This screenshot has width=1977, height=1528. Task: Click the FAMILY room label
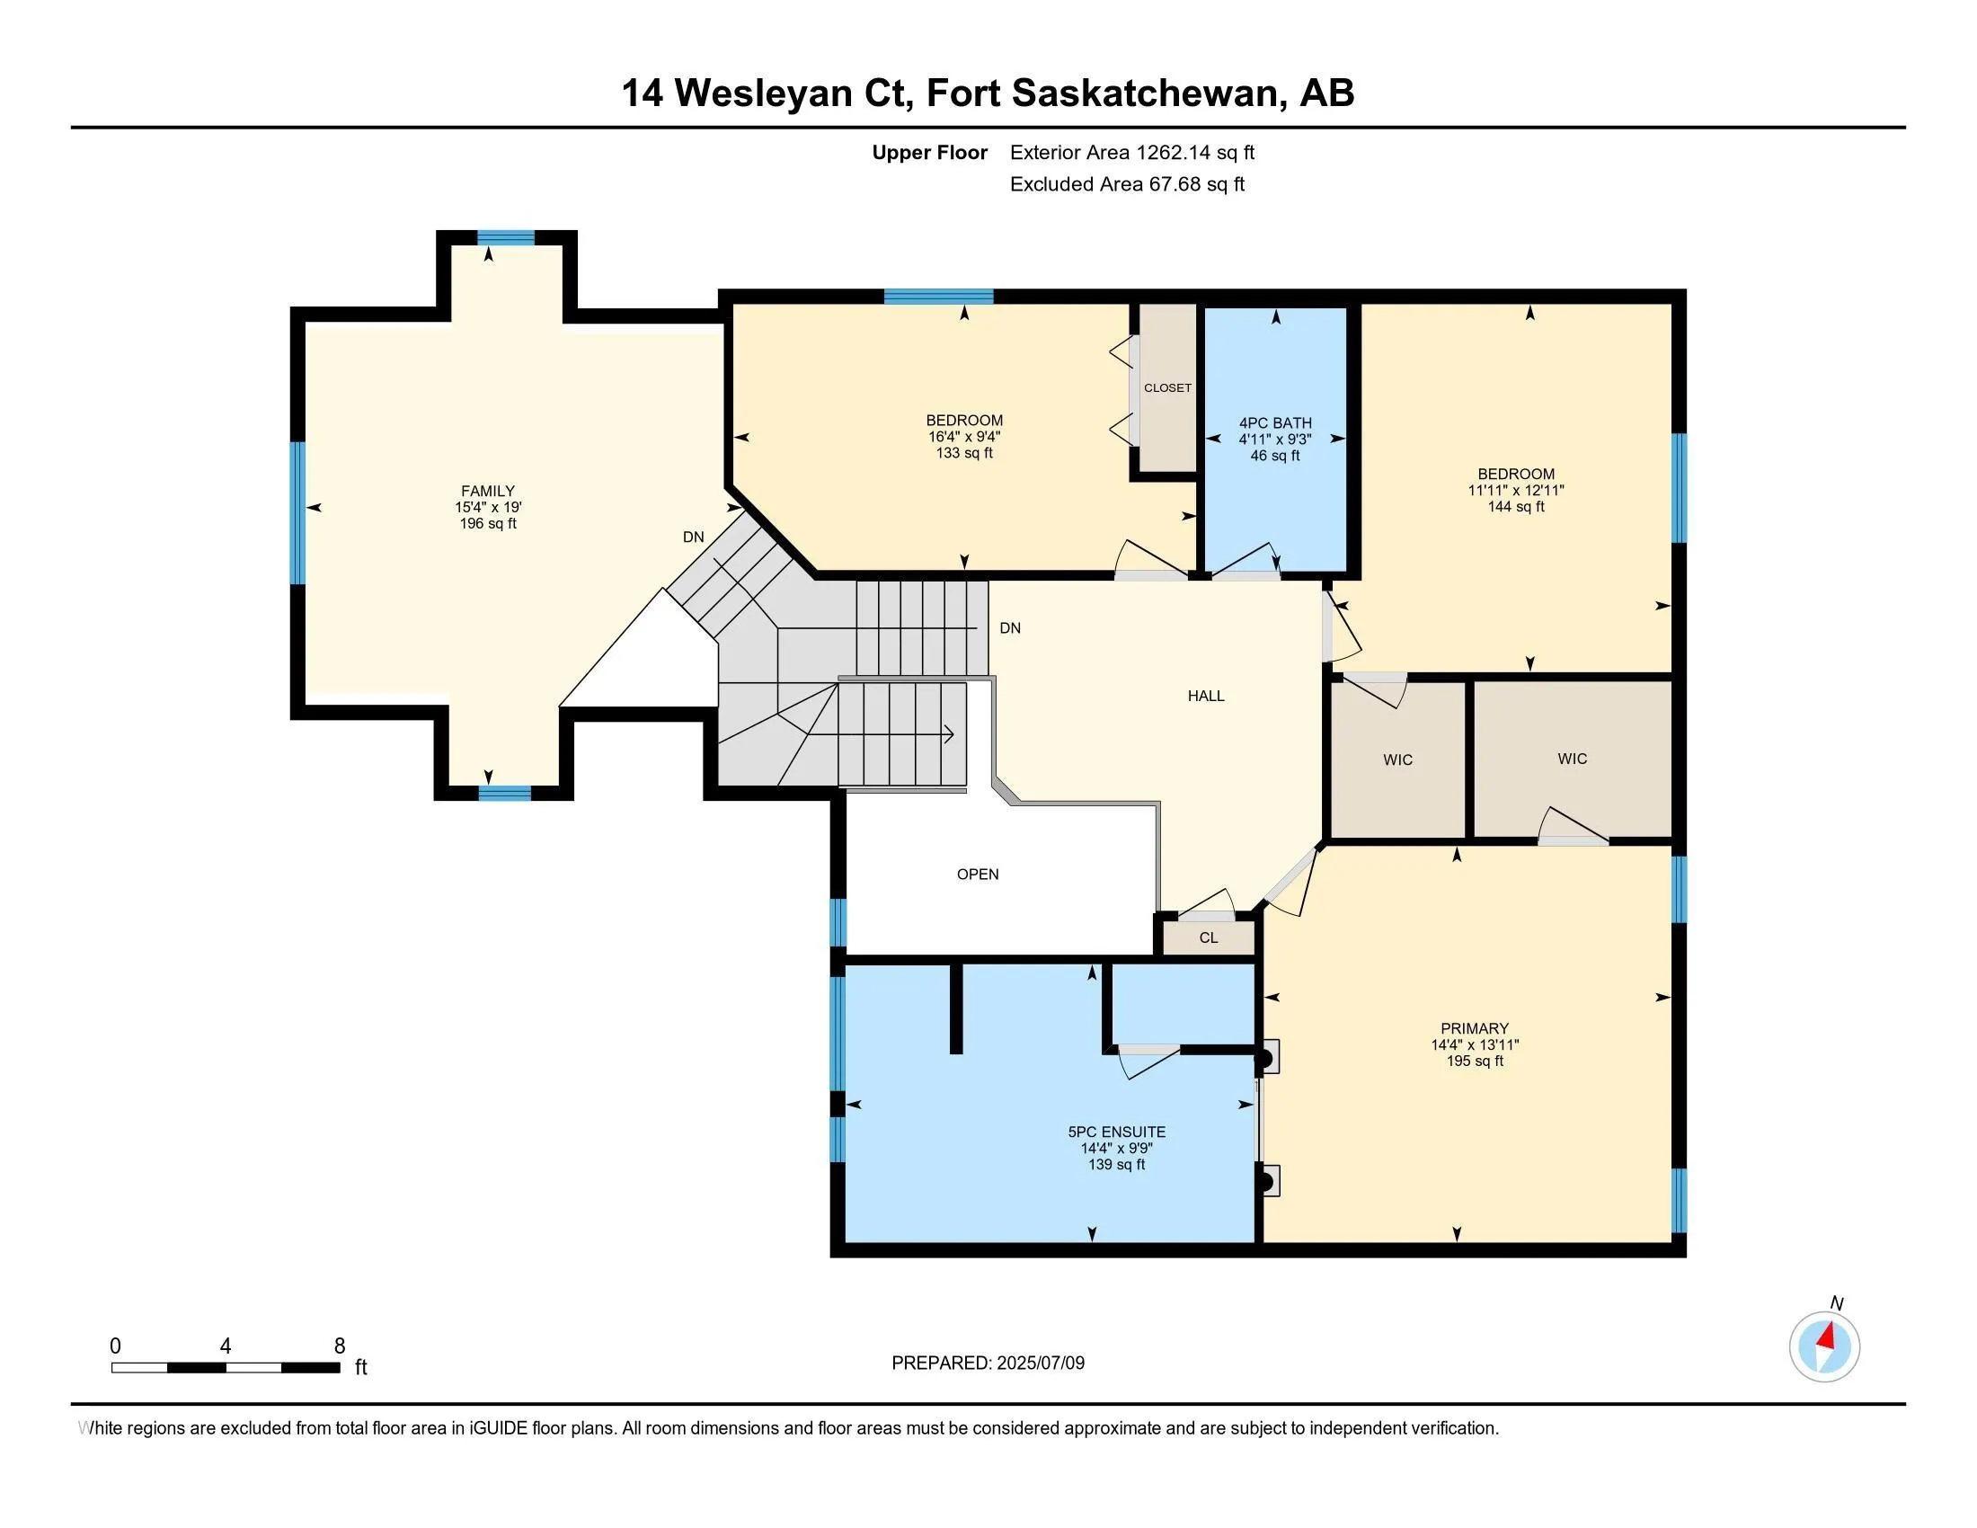click(x=488, y=492)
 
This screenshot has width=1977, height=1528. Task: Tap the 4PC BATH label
click(x=1274, y=422)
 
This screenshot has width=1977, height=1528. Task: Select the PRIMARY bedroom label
click(x=1475, y=1028)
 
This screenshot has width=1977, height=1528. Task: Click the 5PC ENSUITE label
click(x=1116, y=1132)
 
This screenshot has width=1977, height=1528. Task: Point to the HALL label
click(x=1206, y=696)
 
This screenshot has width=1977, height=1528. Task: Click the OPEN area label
click(x=978, y=875)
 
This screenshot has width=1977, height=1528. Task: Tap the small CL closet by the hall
click(x=1209, y=937)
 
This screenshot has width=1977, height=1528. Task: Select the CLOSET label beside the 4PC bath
click(x=1166, y=387)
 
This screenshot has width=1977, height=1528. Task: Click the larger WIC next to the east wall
click(x=1573, y=759)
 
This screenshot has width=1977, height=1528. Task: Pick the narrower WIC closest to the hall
click(x=1397, y=760)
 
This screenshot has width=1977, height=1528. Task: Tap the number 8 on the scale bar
click(x=340, y=1346)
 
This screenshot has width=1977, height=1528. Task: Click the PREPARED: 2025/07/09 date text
click(x=988, y=1364)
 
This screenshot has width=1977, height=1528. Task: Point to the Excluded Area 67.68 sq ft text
click(x=1127, y=184)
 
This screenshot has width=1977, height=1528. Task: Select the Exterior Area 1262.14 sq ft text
click(x=1131, y=153)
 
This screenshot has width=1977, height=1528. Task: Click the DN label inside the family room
click(x=694, y=537)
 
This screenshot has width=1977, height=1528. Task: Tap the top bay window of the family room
click(x=506, y=238)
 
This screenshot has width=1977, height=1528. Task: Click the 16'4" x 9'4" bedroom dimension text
click(x=964, y=436)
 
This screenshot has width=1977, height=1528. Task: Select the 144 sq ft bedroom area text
click(x=1516, y=507)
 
